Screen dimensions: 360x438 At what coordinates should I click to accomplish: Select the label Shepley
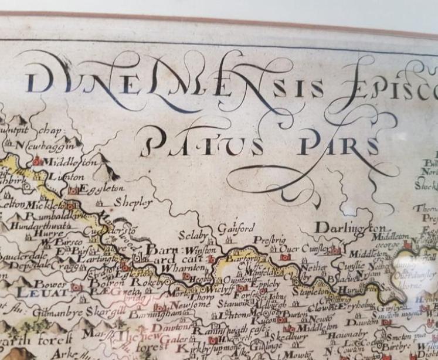[134, 202]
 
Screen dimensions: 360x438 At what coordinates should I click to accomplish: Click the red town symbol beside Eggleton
[73, 191]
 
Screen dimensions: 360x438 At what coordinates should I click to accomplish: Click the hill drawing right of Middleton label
[109, 161]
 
